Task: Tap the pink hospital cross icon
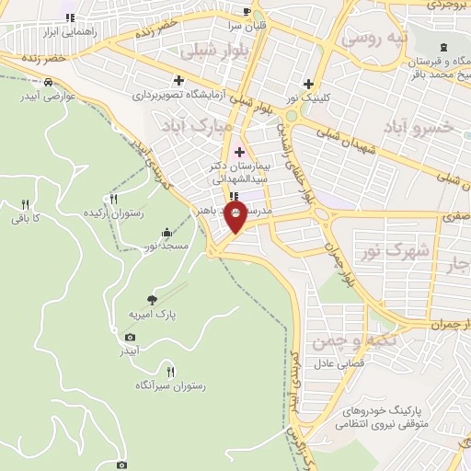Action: point(240,152)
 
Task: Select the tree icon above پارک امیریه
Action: point(152,299)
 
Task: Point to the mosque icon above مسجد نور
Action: point(166,232)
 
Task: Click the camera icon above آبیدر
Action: point(130,338)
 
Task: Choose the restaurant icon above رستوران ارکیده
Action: point(114,198)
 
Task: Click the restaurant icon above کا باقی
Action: point(25,204)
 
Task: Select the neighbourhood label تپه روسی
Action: point(373,39)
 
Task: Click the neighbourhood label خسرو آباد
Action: point(429,127)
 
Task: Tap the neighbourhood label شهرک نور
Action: point(409,250)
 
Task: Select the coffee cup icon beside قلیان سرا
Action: point(246,11)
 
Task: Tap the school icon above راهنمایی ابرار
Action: point(70,17)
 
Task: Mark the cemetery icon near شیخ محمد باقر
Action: point(444,47)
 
